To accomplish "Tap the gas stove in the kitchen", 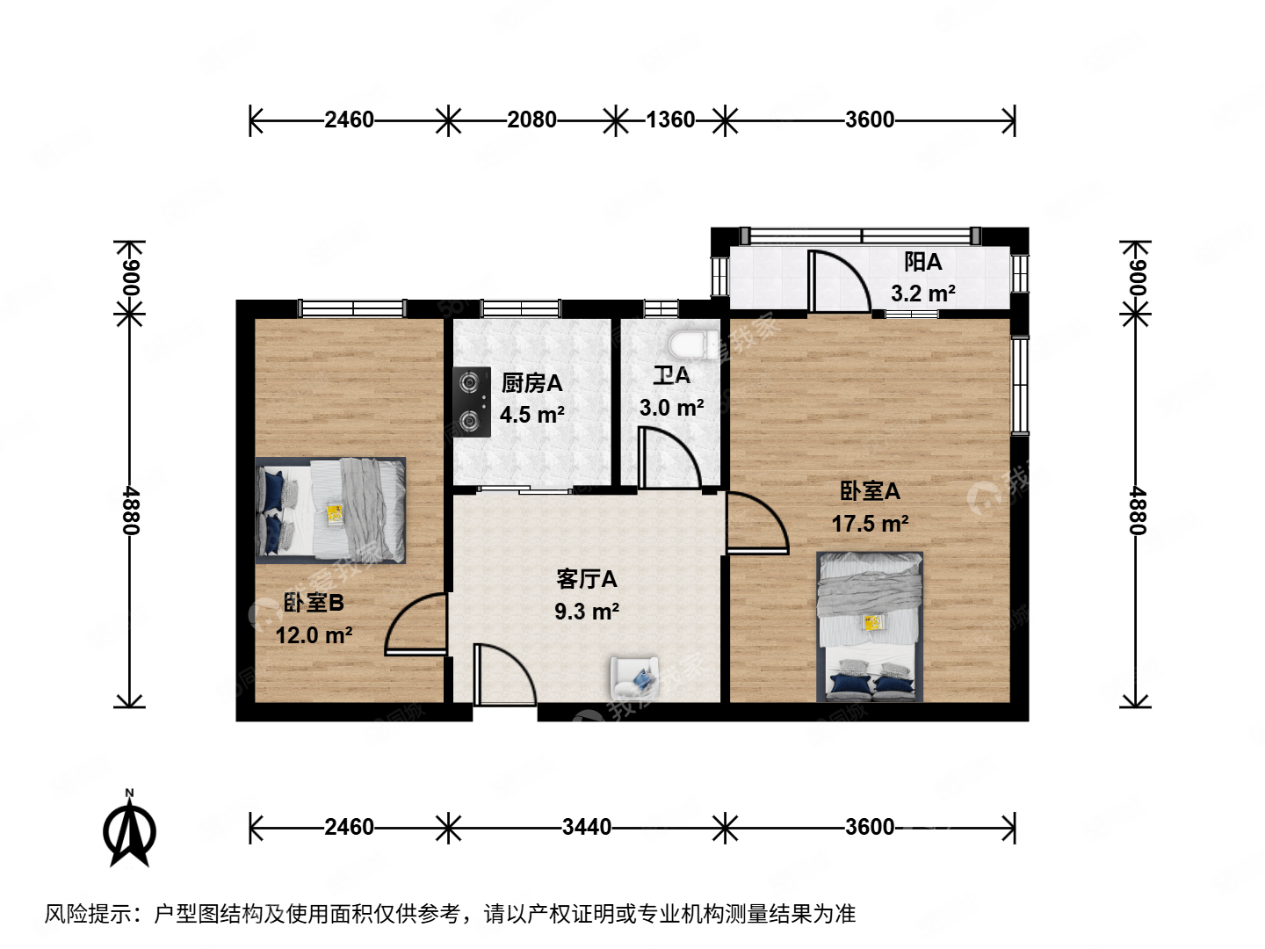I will coord(472,402).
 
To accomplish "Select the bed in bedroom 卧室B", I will coord(330,510).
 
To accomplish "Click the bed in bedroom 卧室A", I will coord(870,626).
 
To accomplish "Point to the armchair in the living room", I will coord(634,677).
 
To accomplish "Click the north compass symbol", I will coord(130,829).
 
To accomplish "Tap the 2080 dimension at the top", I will coord(531,120).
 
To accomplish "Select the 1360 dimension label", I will coord(670,120).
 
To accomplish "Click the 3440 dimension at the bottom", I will coord(586,827).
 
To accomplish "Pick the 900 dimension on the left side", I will coord(130,278).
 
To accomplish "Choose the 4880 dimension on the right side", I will coord(1135,511).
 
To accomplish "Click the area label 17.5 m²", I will coord(870,524).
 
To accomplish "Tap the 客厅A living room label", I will coord(586,579).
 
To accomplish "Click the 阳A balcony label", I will coord(922,262).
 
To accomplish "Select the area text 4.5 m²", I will coord(531,415).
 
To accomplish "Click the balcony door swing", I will coord(838,281).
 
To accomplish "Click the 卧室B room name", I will coord(314,603).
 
